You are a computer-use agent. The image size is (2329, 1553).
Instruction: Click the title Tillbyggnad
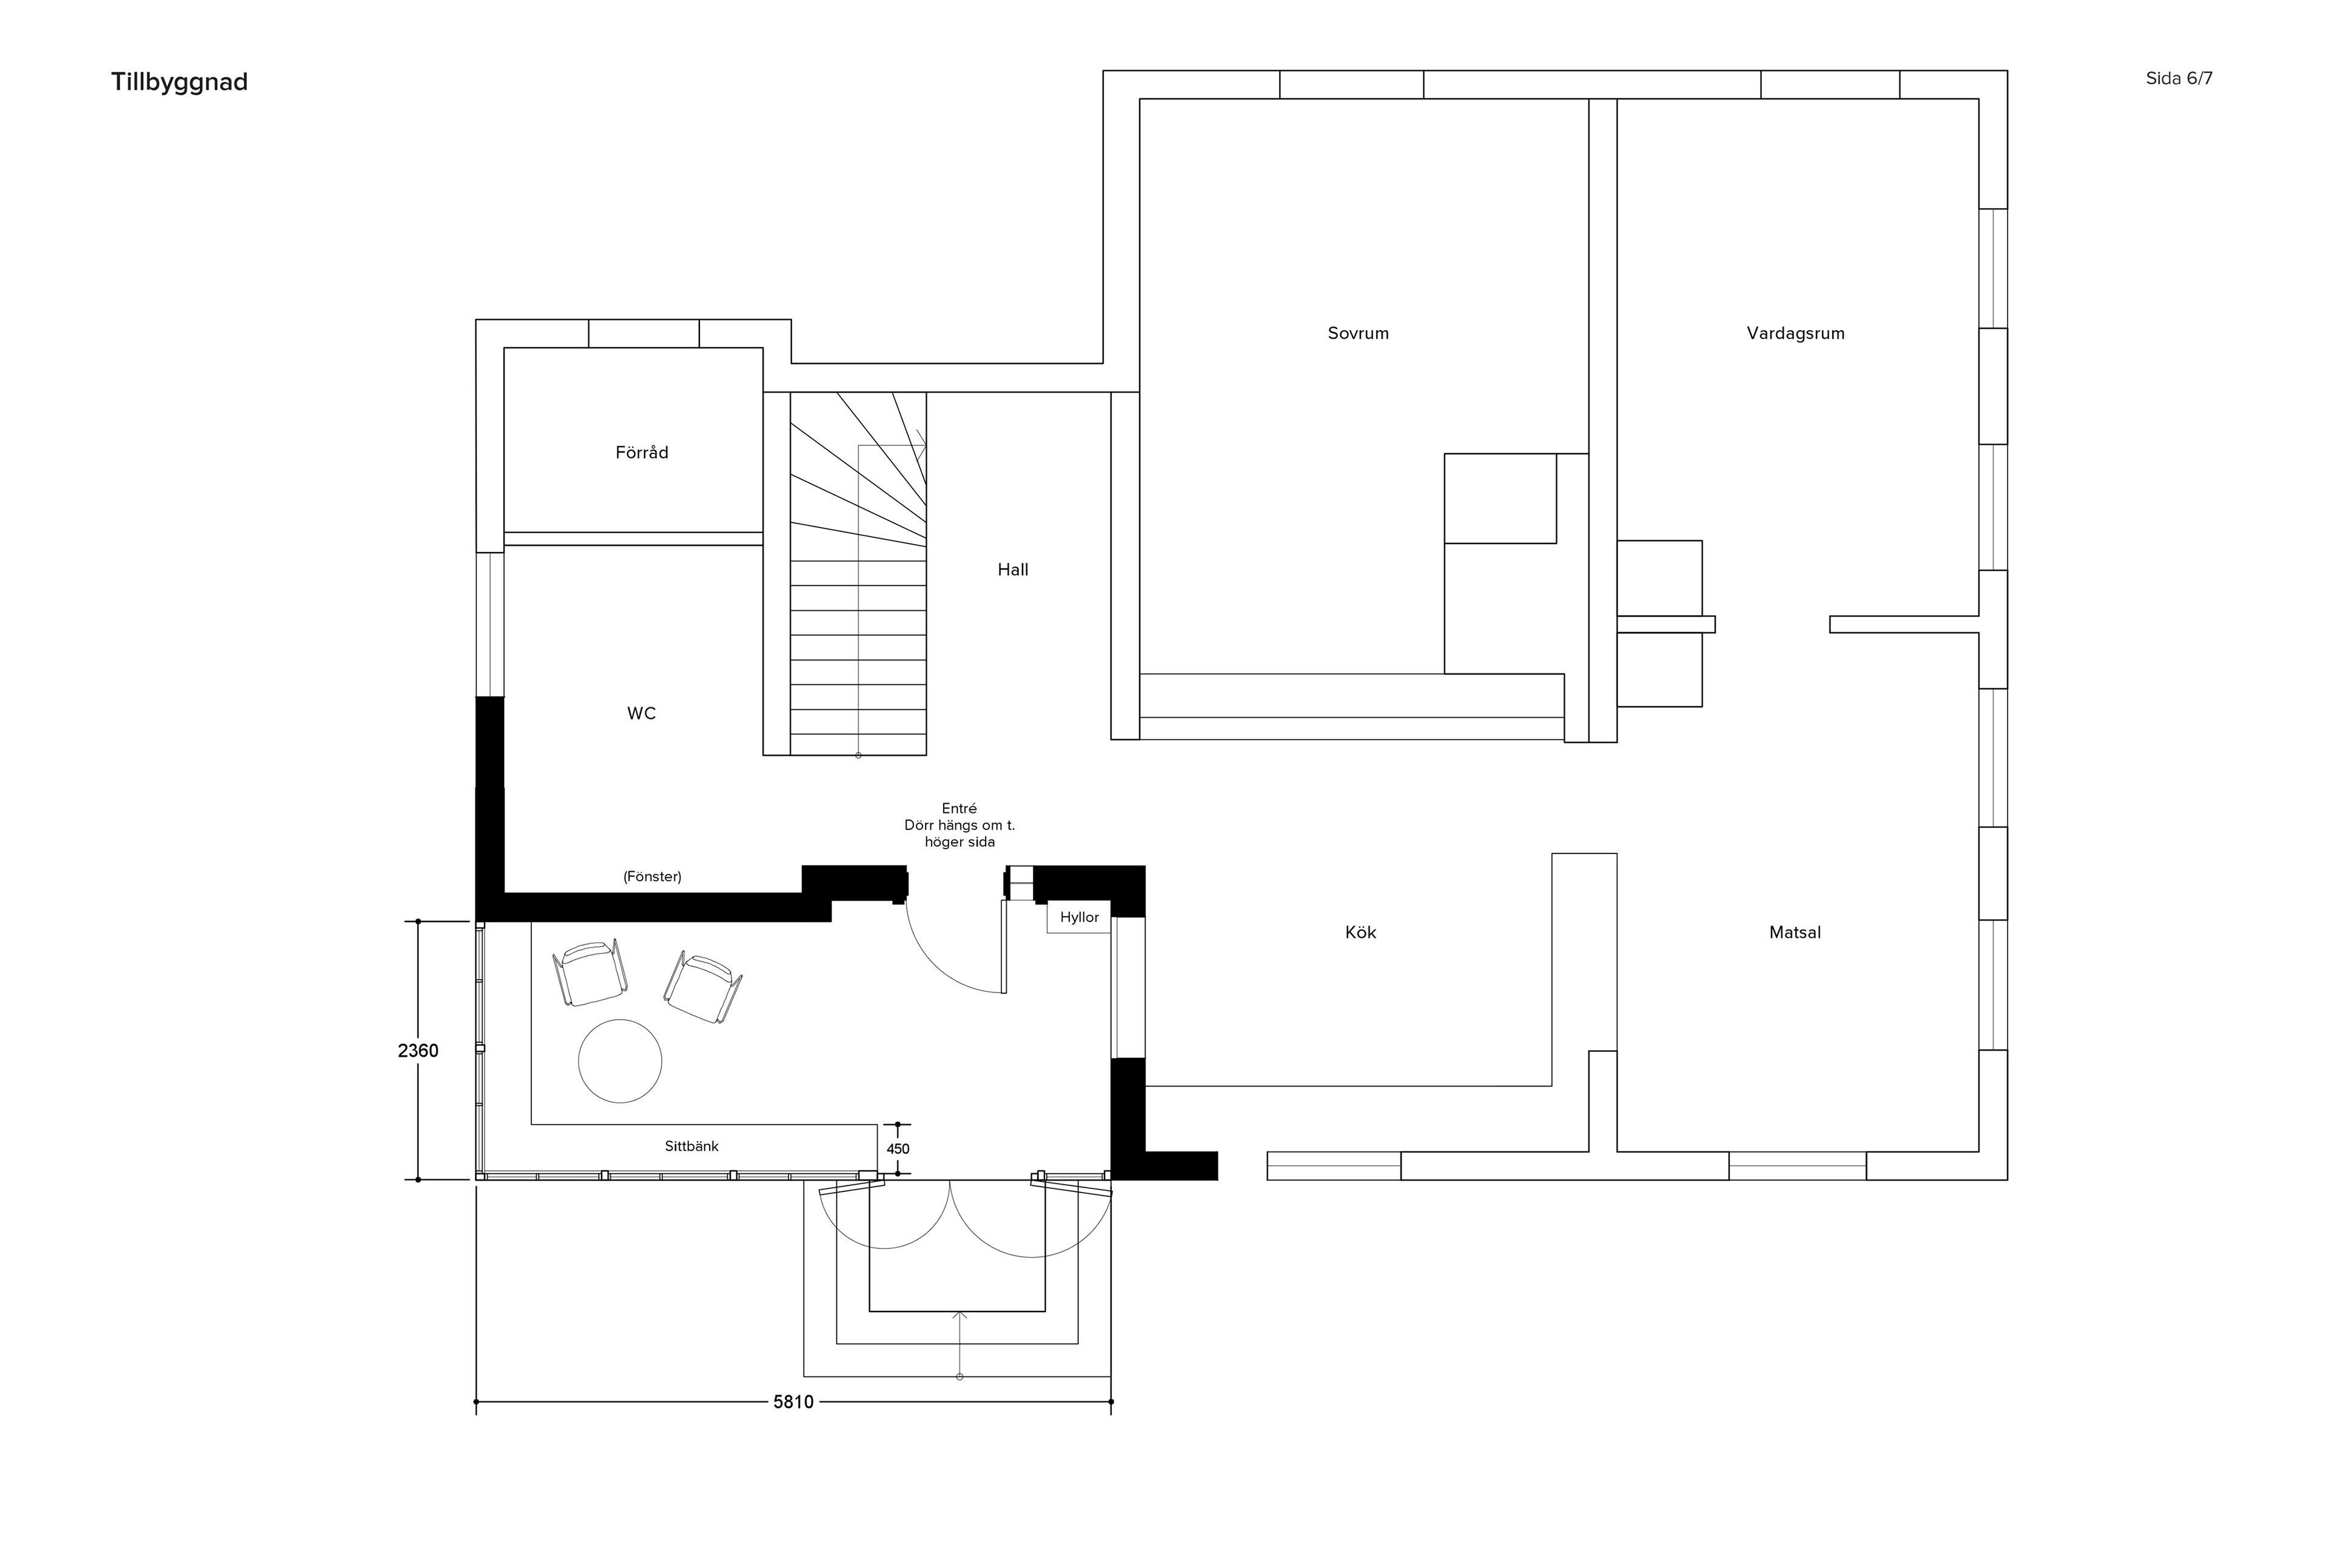pyautogui.click(x=180, y=83)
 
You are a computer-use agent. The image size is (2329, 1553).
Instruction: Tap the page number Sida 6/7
pyautogui.click(x=2179, y=78)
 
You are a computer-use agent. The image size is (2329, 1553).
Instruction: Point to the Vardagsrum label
pyautogui.click(x=1795, y=334)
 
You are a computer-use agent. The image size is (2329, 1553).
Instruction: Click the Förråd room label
pyautogui.click(x=642, y=453)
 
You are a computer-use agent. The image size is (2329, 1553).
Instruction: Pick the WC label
pyautogui.click(x=642, y=714)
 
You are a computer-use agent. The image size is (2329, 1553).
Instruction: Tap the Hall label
pyautogui.click(x=1013, y=570)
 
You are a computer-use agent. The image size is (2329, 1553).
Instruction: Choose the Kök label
pyautogui.click(x=1360, y=932)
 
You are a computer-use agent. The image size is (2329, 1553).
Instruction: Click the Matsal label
pyautogui.click(x=1795, y=932)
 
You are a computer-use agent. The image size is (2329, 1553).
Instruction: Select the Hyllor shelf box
pyautogui.click(x=1080, y=917)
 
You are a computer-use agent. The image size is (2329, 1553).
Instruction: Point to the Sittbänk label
pyautogui.click(x=691, y=1146)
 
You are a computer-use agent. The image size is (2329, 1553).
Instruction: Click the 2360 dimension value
pyautogui.click(x=418, y=1051)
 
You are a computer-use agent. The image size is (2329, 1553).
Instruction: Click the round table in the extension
pyautogui.click(x=620, y=1061)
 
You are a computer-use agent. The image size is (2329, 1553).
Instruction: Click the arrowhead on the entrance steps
pyautogui.click(x=959, y=1315)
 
